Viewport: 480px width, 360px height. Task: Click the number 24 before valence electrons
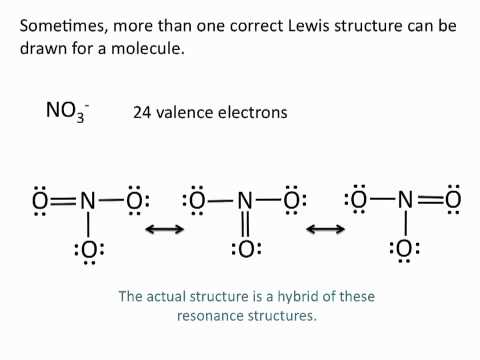coord(143,113)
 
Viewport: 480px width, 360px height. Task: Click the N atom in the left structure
coord(88,202)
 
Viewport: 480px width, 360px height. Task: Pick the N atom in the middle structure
coord(244,202)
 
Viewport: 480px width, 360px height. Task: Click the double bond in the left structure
coord(63,202)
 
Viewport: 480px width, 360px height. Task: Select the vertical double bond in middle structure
coord(244,226)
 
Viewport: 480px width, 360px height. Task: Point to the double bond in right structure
coord(428,200)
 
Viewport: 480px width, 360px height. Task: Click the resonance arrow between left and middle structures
coord(165,230)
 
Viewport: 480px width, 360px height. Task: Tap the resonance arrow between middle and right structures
coord(324,230)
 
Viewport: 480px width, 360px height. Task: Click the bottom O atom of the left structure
coord(89,250)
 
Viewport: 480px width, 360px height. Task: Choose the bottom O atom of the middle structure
coord(244,250)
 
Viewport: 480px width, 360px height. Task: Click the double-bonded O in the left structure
coord(40,202)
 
